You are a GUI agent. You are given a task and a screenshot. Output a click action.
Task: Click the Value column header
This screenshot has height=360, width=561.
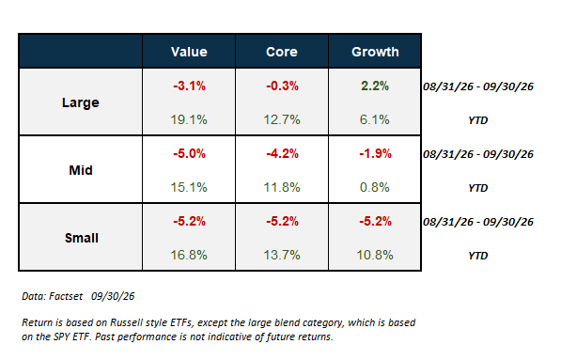(189, 52)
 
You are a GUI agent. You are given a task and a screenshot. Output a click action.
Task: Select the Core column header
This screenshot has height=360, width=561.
(282, 52)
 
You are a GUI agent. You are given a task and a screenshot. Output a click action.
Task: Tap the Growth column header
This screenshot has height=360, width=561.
(375, 52)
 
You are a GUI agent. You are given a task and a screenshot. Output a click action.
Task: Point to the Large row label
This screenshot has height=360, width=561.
(81, 102)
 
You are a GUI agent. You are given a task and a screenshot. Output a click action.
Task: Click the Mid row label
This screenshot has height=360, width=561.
(81, 170)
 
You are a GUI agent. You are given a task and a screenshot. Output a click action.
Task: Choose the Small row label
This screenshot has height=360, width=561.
(81, 238)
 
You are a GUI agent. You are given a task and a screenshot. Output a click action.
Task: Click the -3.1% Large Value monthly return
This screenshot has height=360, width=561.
(189, 86)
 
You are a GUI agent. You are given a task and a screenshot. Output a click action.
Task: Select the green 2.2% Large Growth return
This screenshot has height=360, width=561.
(375, 86)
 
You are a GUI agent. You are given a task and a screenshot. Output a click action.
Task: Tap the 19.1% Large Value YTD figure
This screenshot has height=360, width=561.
(189, 119)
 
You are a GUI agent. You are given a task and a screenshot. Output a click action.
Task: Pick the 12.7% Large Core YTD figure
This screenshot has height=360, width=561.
(282, 119)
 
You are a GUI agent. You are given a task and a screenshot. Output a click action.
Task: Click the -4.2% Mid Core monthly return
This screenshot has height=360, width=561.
(282, 153)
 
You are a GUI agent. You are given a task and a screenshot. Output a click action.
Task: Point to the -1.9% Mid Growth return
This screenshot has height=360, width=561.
(375, 153)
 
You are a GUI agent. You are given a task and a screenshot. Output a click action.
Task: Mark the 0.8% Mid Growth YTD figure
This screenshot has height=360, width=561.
(375, 187)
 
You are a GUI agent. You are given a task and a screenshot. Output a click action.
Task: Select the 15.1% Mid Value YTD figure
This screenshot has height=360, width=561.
(189, 187)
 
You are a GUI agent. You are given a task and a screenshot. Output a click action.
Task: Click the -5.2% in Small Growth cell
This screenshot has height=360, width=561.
(375, 221)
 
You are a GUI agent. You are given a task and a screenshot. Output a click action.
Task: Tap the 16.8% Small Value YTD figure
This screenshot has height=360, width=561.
(189, 255)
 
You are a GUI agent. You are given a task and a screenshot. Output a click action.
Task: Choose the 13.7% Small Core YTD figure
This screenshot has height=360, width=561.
(282, 255)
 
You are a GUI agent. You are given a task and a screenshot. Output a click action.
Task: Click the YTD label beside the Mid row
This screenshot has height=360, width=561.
(478, 188)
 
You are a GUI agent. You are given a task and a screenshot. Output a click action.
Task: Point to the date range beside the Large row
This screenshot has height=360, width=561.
(478, 86)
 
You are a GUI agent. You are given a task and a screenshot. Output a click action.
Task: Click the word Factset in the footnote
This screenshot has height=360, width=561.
(66, 296)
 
